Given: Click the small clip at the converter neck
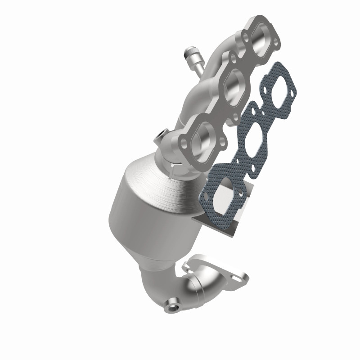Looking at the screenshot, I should tap(173, 167).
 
